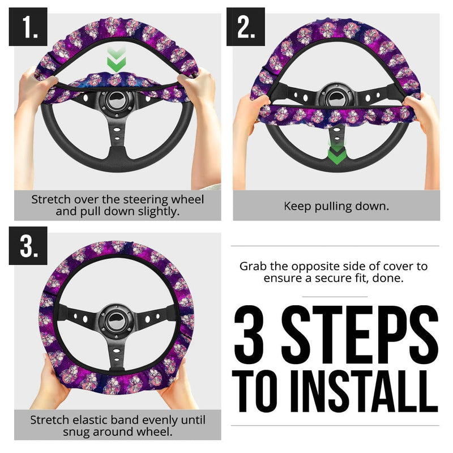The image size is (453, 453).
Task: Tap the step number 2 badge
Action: (246, 27)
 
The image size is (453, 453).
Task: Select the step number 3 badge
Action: (28, 246)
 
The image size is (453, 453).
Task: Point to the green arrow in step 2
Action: (336, 153)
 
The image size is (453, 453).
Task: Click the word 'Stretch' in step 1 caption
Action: (52, 199)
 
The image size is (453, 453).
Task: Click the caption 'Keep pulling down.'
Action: (336, 206)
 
